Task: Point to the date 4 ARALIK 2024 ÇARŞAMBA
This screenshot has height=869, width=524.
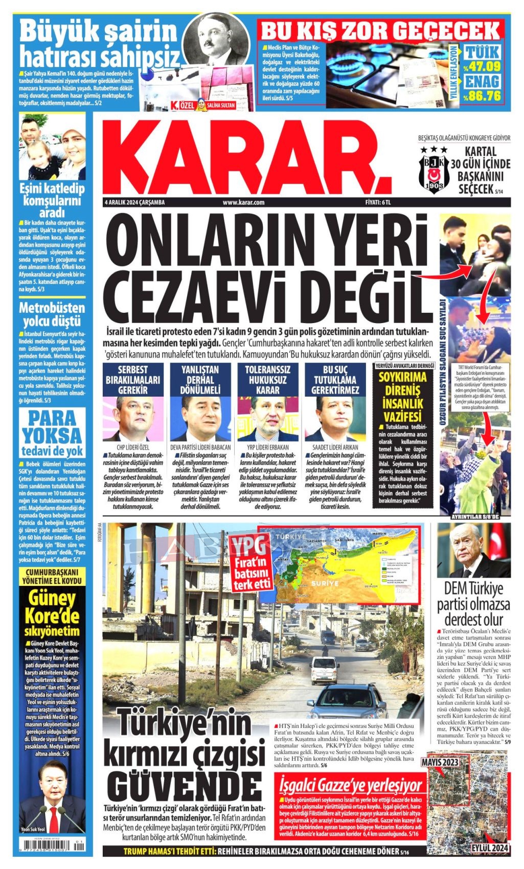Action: pos(134,202)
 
